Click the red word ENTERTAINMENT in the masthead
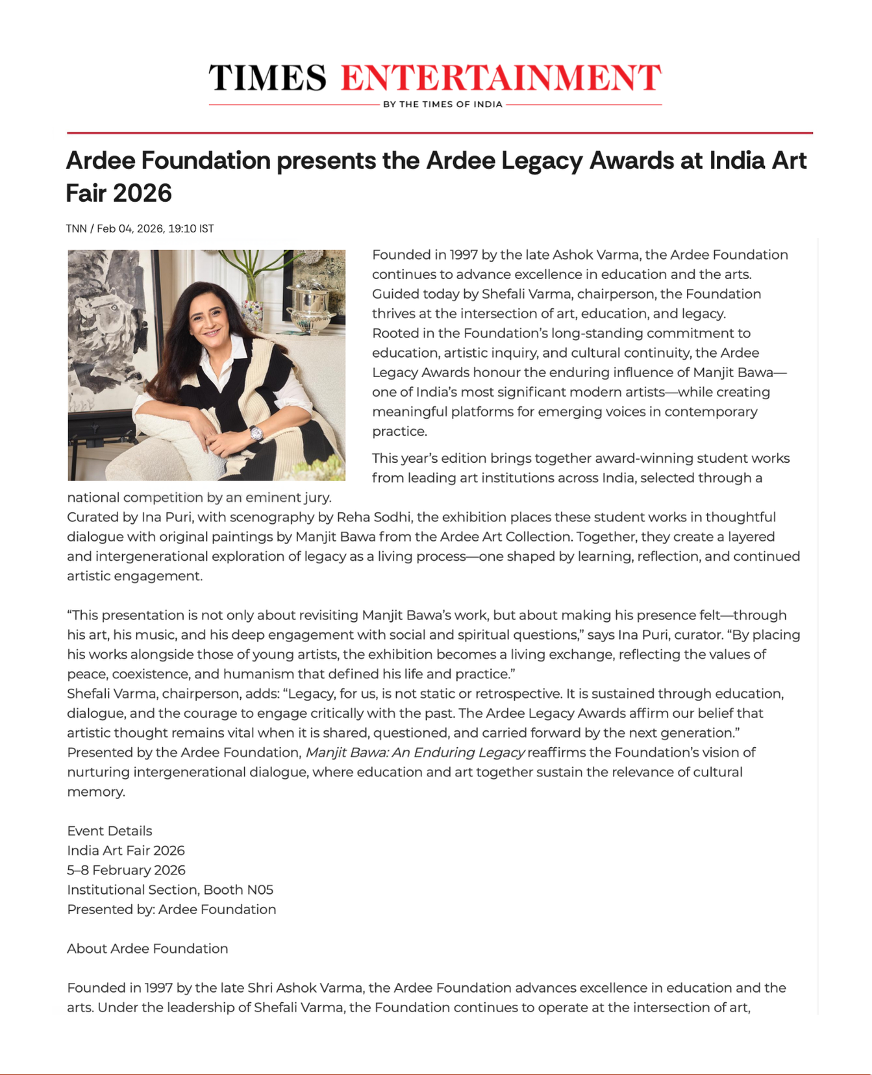coord(501,78)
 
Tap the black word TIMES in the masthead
coord(268,78)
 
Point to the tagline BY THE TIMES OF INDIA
coord(443,105)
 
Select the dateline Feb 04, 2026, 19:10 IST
coord(155,229)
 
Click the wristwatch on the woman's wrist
coord(256,433)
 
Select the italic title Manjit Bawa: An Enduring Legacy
coord(415,752)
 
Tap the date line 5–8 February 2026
coord(126,870)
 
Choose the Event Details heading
coord(110,831)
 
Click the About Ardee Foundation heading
coord(147,948)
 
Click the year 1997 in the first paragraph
coord(464,254)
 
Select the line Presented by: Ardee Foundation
coord(171,909)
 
